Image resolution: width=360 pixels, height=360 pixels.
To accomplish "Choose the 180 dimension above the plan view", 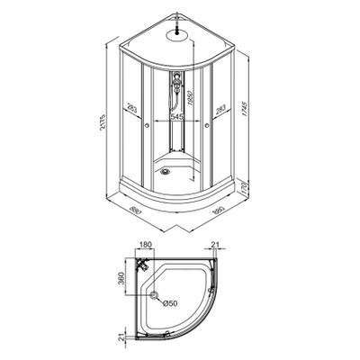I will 146,244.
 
